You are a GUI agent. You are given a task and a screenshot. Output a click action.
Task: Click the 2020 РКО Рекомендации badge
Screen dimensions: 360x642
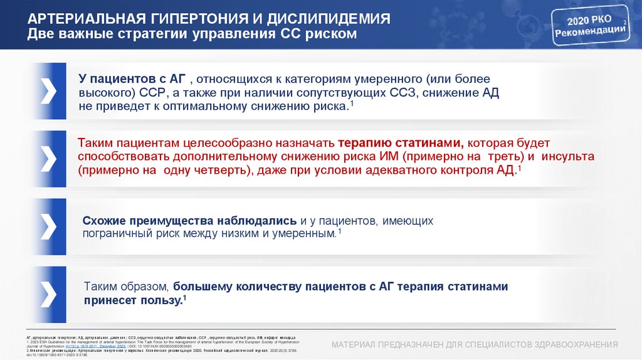coord(590,28)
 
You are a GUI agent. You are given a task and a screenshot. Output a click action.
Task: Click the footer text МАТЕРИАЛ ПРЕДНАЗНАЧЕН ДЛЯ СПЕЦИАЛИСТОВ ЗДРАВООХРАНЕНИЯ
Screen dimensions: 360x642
coord(475,344)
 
